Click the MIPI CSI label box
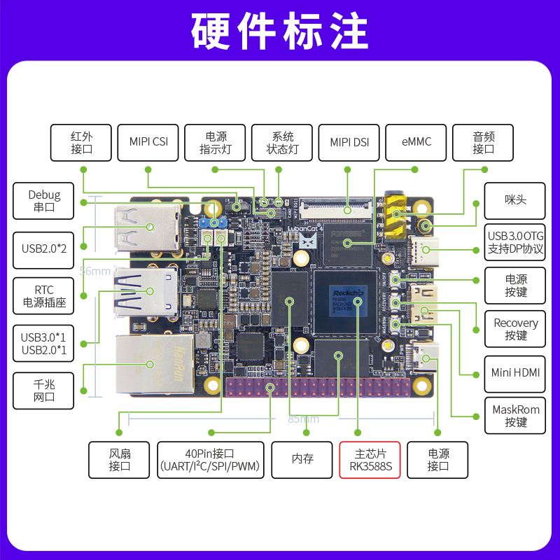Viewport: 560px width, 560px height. point(148,142)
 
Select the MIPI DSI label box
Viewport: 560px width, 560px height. point(349,142)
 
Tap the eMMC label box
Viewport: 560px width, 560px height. point(416,142)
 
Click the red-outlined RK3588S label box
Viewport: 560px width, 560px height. point(370,460)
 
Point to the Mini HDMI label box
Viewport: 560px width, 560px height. point(516,373)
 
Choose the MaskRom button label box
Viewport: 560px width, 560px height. point(516,416)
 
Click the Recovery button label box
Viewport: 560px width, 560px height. point(516,329)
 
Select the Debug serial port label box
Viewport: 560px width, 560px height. point(43,201)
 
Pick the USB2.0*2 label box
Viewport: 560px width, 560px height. point(43,248)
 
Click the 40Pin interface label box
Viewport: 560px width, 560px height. point(211,460)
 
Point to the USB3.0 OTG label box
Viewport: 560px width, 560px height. point(516,243)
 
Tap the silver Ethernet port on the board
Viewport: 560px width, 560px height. point(150,364)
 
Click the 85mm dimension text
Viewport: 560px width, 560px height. point(303,419)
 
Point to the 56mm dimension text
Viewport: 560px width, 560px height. point(95,271)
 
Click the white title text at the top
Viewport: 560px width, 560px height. point(280,31)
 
